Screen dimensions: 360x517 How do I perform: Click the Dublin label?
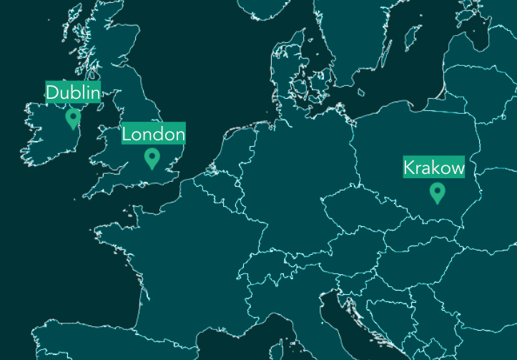click(73, 92)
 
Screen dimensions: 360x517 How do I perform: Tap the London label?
click(153, 134)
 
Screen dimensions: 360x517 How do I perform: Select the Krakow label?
click(434, 168)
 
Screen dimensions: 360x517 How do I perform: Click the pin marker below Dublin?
click(72, 117)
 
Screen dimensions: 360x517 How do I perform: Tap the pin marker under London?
click(151, 157)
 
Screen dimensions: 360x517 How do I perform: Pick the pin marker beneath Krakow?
click(437, 193)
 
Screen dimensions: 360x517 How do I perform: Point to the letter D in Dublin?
click(52, 92)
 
